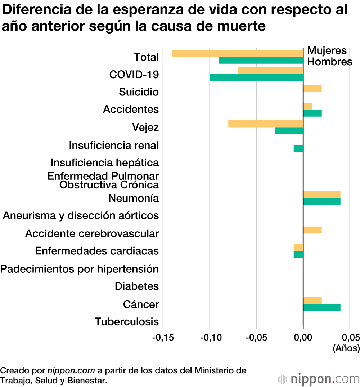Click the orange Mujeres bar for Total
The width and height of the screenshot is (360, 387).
[x=238, y=53]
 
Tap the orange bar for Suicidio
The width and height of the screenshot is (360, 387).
[x=312, y=89]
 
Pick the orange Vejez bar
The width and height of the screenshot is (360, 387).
[x=266, y=124]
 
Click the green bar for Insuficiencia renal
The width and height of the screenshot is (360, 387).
[x=298, y=148]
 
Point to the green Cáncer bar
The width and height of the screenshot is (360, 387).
[x=321, y=308]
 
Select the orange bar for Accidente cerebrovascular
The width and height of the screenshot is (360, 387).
[x=312, y=230]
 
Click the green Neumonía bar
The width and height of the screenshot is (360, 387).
[x=321, y=201]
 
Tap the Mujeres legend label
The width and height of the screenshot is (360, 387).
[x=327, y=51]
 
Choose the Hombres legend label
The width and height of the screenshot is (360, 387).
[x=329, y=62]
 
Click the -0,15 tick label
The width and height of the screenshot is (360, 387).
[x=163, y=338]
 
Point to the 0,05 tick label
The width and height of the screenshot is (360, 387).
[x=350, y=338]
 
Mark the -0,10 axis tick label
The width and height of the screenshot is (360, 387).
[x=210, y=338]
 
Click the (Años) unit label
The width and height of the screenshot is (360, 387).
[x=346, y=348]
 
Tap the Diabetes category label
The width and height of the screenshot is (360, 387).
[x=137, y=286]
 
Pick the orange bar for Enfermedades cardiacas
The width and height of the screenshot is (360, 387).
[x=298, y=248]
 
